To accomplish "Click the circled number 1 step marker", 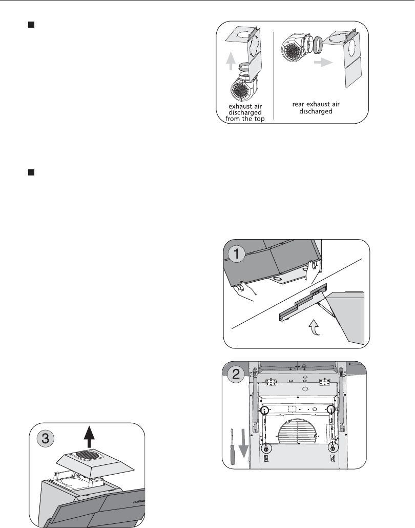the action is point(236,254).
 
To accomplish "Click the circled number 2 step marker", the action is point(236,375).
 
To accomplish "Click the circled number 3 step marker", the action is point(45,438).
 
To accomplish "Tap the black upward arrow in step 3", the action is point(89,437).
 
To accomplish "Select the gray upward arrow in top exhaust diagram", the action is point(231,61).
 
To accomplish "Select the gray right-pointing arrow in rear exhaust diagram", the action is point(323,62).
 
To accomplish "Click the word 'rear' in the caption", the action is point(298,104).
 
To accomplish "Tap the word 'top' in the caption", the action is point(258,119).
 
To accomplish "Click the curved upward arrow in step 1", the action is point(315,328).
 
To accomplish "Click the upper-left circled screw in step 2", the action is point(264,410).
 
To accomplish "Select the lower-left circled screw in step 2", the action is point(266,448).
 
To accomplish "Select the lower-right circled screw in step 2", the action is point(333,448).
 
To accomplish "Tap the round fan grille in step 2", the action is point(297,432).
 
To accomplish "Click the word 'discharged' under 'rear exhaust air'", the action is point(316,111).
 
